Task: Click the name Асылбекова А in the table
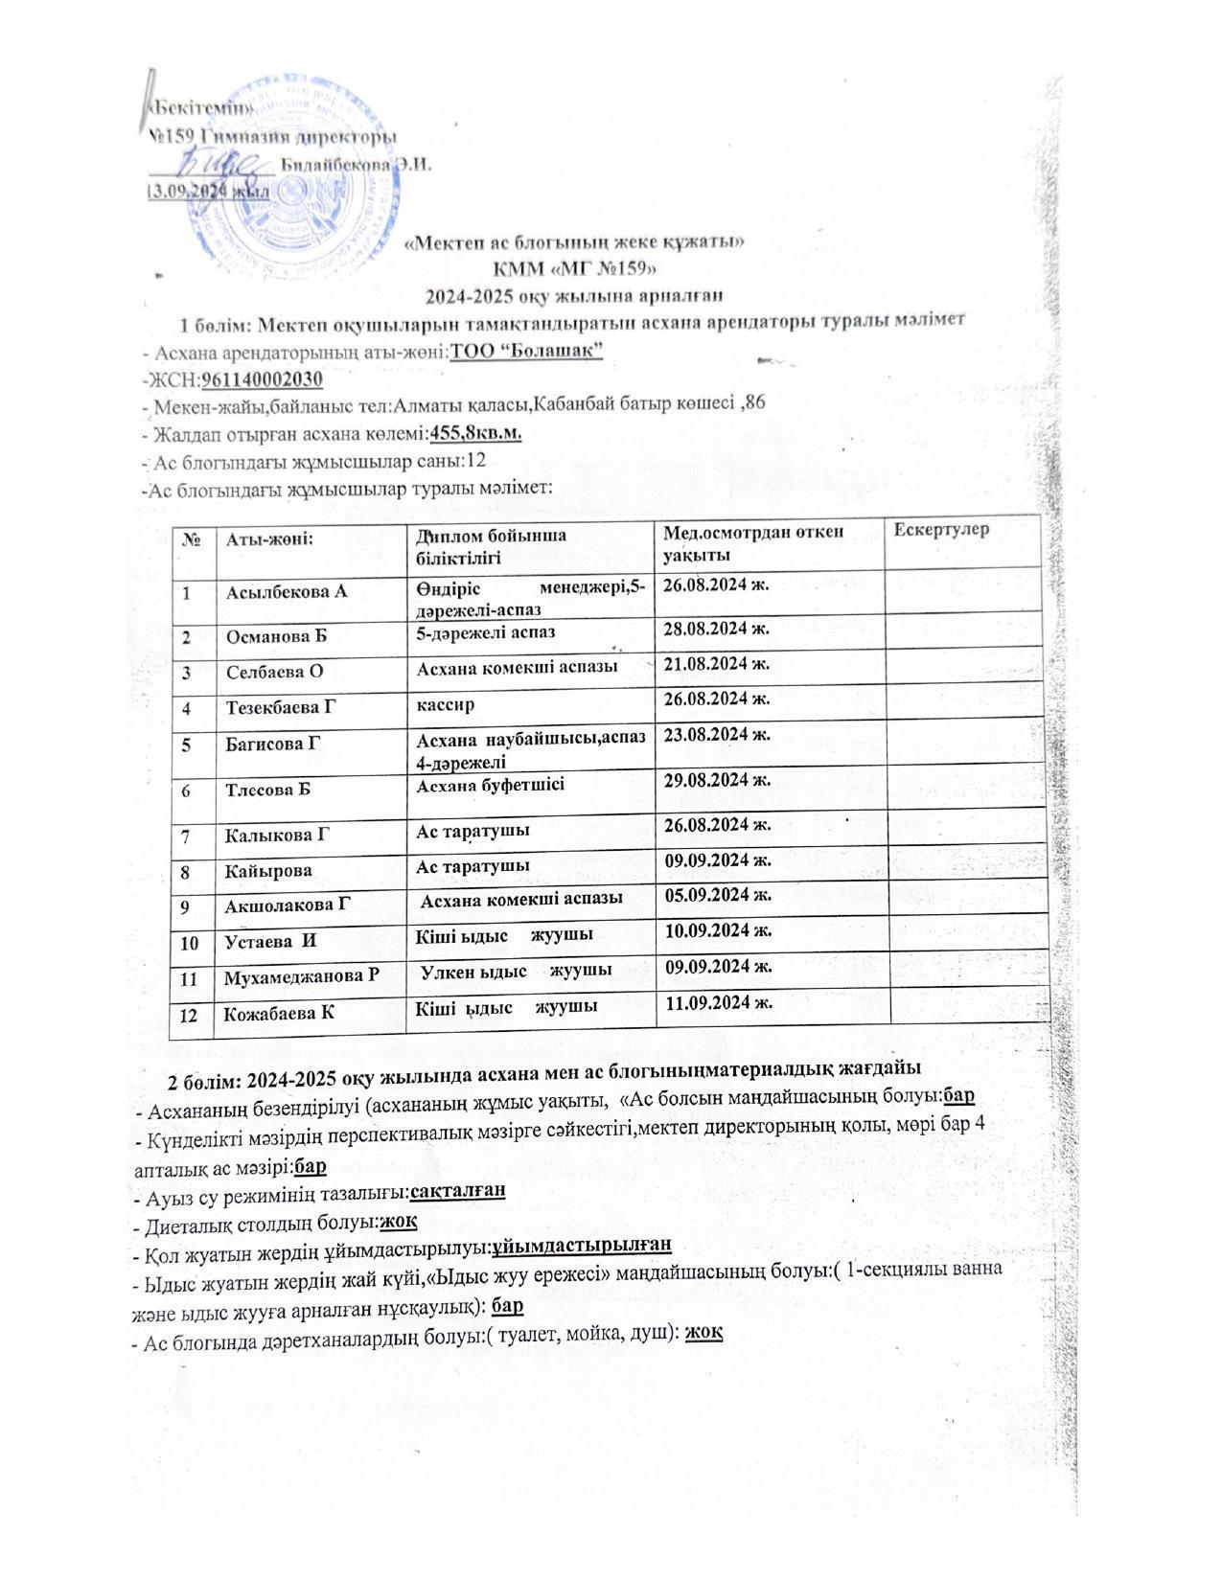(x=287, y=591)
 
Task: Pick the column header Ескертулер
(x=941, y=530)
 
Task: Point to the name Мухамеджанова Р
(x=302, y=976)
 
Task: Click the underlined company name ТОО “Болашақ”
(x=526, y=352)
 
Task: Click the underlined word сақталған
(x=457, y=1191)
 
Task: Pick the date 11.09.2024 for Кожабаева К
(x=719, y=1003)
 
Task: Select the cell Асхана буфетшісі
(x=490, y=785)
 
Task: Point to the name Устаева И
(x=271, y=941)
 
